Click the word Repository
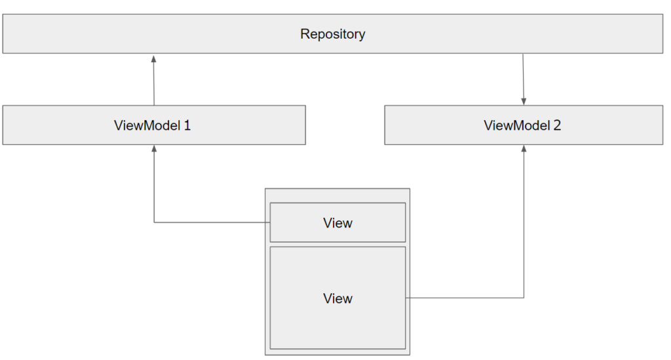pyautogui.click(x=333, y=34)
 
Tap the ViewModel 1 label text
pyautogui.click(x=152, y=125)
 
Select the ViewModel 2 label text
pyautogui.click(x=522, y=125)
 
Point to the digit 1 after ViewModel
pyautogui.click(x=187, y=125)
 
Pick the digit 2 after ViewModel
pyautogui.click(x=558, y=125)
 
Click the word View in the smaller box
pyautogui.click(x=337, y=223)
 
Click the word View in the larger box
pyautogui.click(x=337, y=298)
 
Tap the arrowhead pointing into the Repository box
pyautogui.click(x=153, y=58)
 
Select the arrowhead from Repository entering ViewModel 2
pyautogui.click(x=524, y=100)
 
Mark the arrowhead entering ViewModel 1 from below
pyautogui.click(x=154, y=150)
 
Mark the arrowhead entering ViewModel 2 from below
pyautogui.click(x=524, y=150)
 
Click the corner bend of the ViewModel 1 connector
pyautogui.click(x=154, y=222)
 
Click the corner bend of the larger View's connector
pyautogui.click(x=524, y=298)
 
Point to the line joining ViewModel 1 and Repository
pyautogui.click(x=153, y=82)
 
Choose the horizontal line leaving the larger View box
pyautogui.click(x=465, y=298)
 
